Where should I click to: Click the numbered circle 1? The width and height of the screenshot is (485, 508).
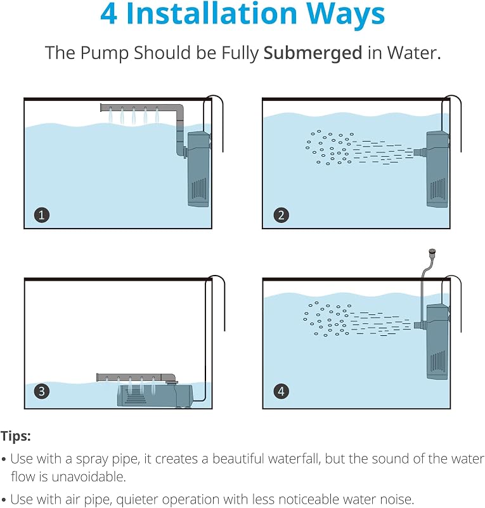(x=42, y=215)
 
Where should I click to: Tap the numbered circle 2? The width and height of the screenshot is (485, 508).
(x=281, y=215)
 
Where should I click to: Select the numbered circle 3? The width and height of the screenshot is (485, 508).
(x=42, y=391)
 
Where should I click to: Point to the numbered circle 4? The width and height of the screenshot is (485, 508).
(x=281, y=391)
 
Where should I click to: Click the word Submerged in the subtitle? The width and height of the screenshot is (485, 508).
(x=313, y=53)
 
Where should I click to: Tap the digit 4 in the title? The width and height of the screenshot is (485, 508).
(x=108, y=14)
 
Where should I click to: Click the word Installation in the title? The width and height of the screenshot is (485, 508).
(x=212, y=13)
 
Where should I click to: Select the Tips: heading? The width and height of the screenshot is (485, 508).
(x=15, y=436)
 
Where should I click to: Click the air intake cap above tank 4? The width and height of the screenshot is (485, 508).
(x=432, y=251)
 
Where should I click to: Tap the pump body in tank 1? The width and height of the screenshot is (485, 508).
(x=199, y=169)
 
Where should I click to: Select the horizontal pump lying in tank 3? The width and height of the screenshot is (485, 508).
(x=155, y=395)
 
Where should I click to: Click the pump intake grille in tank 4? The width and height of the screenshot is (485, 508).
(x=437, y=361)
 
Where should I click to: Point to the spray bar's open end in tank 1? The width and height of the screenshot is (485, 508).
(x=102, y=107)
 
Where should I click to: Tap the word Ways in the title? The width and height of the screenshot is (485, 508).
(x=346, y=14)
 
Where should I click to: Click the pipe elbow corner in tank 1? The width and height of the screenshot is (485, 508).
(x=180, y=109)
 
